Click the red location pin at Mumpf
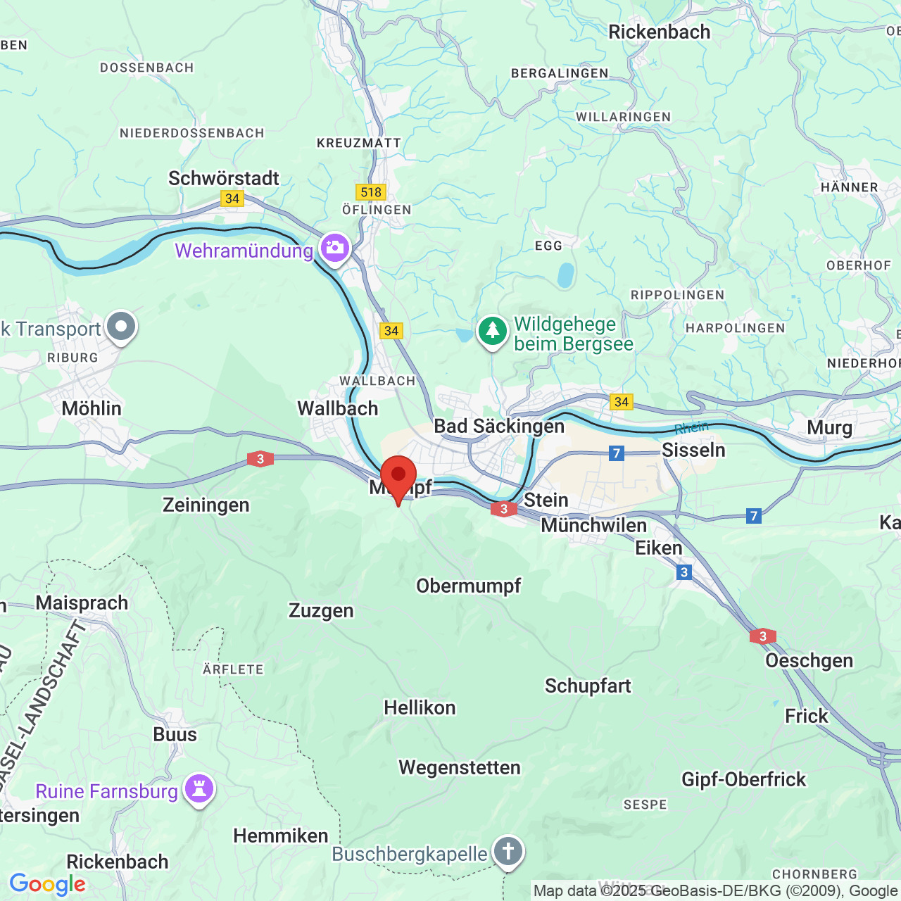pyautogui.click(x=398, y=476)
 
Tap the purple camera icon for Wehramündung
pyautogui.click(x=335, y=248)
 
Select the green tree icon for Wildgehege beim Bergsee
pyautogui.click(x=493, y=330)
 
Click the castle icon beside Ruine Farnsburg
pyautogui.click(x=199, y=788)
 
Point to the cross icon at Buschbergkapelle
pyautogui.click(x=508, y=851)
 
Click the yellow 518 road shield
pyautogui.click(x=371, y=192)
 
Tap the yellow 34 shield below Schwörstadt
pyautogui.click(x=232, y=199)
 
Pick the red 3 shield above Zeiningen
pyautogui.click(x=260, y=459)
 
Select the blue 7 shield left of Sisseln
pyautogui.click(x=617, y=453)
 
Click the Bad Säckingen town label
pyautogui.click(x=499, y=427)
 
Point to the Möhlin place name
pyautogui.click(x=92, y=408)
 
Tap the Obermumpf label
pyautogui.click(x=469, y=586)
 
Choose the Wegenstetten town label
pyautogui.click(x=460, y=767)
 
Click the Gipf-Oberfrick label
pyautogui.click(x=743, y=779)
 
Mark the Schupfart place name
pyautogui.click(x=588, y=686)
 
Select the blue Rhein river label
pyautogui.click(x=691, y=428)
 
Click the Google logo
pyautogui.click(x=47, y=884)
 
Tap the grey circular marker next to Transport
pyautogui.click(x=122, y=327)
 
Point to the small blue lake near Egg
pyautogui.click(x=566, y=275)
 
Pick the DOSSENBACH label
pyautogui.click(x=146, y=68)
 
